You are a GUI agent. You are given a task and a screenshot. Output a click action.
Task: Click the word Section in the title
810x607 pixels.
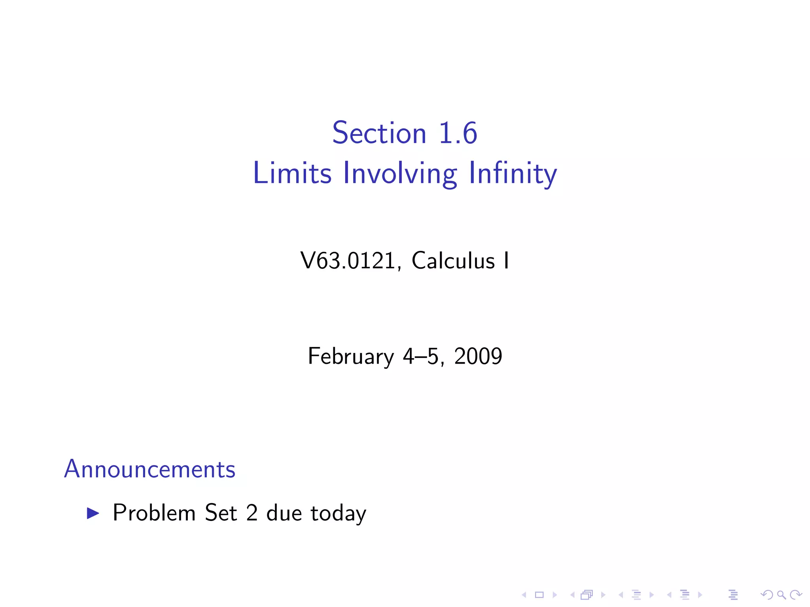(379, 133)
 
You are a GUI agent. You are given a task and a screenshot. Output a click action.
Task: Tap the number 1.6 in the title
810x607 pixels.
(458, 133)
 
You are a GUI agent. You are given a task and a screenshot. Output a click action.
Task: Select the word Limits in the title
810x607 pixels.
(292, 173)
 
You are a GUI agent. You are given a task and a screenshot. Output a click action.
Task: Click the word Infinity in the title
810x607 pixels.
(513, 174)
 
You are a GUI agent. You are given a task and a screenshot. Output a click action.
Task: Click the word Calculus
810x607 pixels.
(453, 261)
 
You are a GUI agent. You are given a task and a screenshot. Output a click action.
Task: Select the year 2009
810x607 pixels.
(478, 356)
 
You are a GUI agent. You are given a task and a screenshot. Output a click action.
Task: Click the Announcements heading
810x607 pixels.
(150, 469)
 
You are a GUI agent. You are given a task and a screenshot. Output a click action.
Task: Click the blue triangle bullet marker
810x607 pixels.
(93, 513)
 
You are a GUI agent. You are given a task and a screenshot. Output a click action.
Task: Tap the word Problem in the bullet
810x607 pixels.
(154, 513)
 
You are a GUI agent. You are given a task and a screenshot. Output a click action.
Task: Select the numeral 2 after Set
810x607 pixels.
(252, 513)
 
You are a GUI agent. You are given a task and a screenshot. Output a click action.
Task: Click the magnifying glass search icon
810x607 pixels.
(781, 595)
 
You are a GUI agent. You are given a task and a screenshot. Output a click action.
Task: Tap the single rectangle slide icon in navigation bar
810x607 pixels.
(539, 595)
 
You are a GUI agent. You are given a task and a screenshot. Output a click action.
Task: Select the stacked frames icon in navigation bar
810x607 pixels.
(587, 595)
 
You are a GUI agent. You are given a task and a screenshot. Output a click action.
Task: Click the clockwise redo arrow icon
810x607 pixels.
(796, 595)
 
